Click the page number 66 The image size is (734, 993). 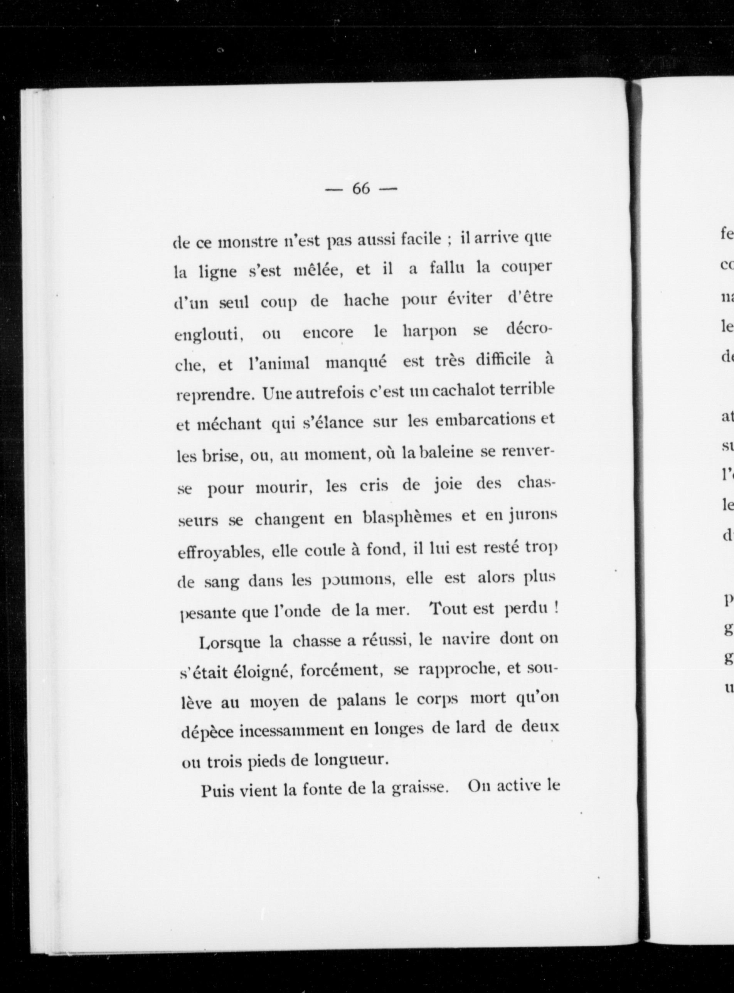[x=360, y=189]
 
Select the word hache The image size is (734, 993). [x=367, y=300]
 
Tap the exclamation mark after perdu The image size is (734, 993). [x=556, y=608]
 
